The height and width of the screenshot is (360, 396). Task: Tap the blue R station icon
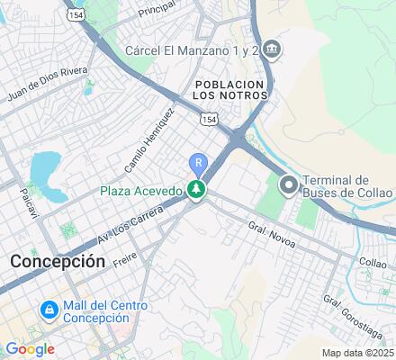(197, 163)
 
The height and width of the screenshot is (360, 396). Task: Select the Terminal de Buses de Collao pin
(289, 185)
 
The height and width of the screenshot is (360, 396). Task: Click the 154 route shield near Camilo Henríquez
(208, 119)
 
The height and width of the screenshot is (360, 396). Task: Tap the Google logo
(29, 349)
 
